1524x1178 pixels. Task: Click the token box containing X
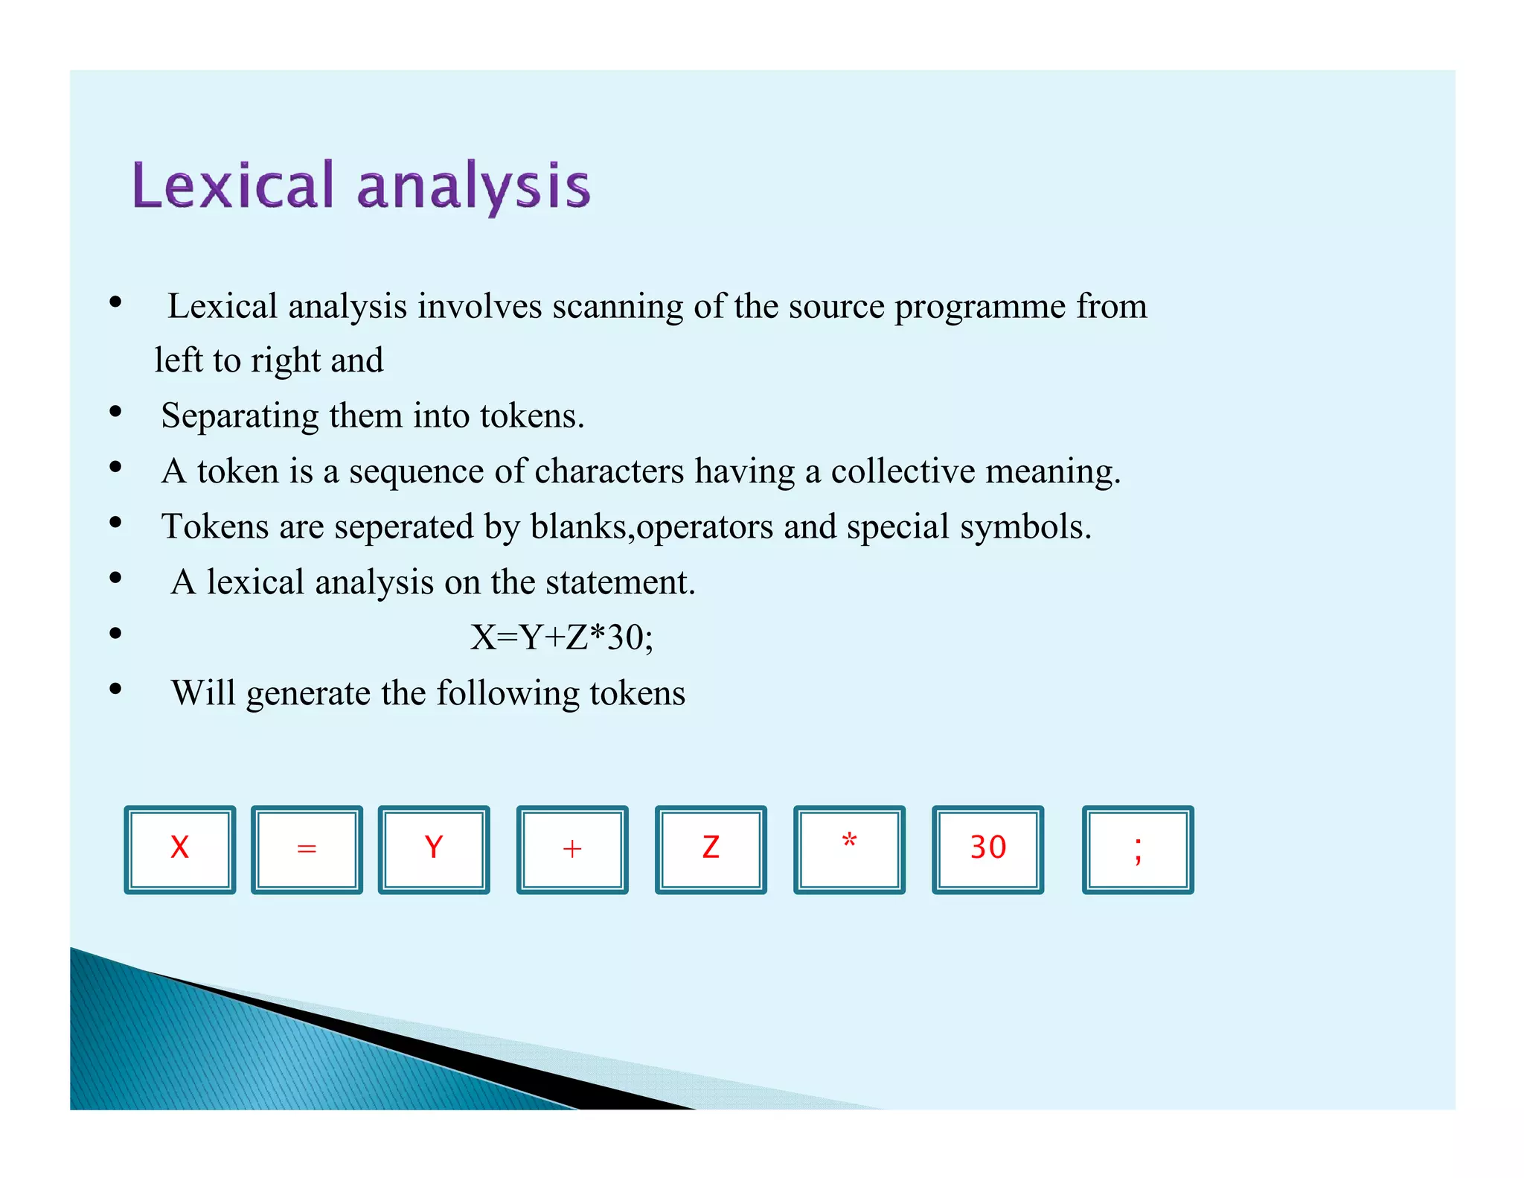click(x=179, y=849)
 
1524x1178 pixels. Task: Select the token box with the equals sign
click(x=307, y=849)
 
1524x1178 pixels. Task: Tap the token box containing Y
click(x=433, y=849)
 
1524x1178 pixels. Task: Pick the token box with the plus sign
click(x=571, y=849)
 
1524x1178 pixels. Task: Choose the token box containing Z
click(x=710, y=849)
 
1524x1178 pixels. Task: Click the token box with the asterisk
click(x=849, y=849)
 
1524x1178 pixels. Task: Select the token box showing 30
click(x=987, y=849)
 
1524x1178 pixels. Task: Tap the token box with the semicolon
click(x=1137, y=849)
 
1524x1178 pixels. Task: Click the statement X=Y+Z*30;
click(x=562, y=637)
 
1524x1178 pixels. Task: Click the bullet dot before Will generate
click(x=115, y=689)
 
